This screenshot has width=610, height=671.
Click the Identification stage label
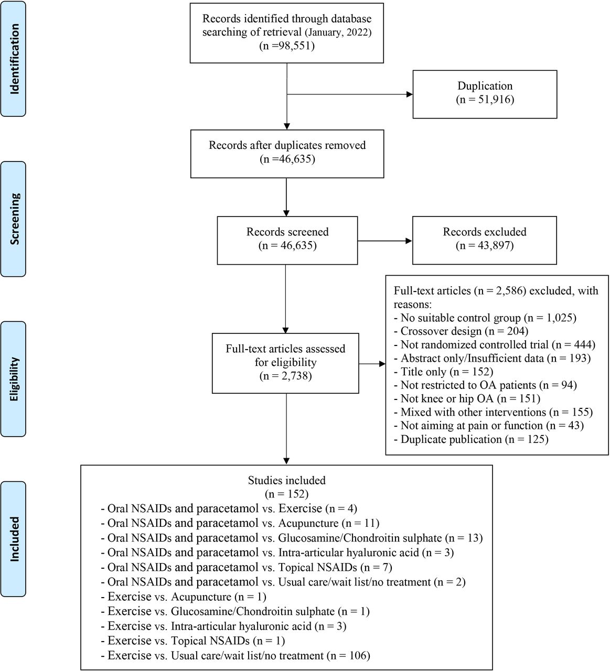click(14, 59)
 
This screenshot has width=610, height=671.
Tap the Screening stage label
click(14, 219)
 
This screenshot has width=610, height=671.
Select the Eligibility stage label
click(14, 379)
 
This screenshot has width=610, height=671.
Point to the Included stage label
click(14, 539)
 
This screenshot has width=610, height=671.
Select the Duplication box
click(485, 94)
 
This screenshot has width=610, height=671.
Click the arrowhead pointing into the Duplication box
click(409, 94)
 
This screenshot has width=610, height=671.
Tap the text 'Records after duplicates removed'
click(287, 145)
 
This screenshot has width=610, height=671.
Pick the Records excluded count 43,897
click(493, 245)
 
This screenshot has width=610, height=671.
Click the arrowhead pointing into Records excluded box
click(409, 241)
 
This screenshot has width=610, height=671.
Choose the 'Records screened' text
click(287, 232)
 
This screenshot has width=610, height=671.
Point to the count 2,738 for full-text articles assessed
click(294, 376)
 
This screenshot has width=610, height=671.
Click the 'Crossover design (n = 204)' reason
click(461, 331)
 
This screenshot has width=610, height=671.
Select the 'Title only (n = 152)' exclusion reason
click(444, 372)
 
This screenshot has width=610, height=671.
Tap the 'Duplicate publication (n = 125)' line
click(471, 439)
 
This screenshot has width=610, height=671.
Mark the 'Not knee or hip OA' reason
click(447, 399)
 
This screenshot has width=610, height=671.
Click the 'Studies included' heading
click(286, 480)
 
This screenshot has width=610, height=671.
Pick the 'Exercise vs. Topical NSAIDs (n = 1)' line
click(193, 641)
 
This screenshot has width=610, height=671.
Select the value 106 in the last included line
click(357, 655)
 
